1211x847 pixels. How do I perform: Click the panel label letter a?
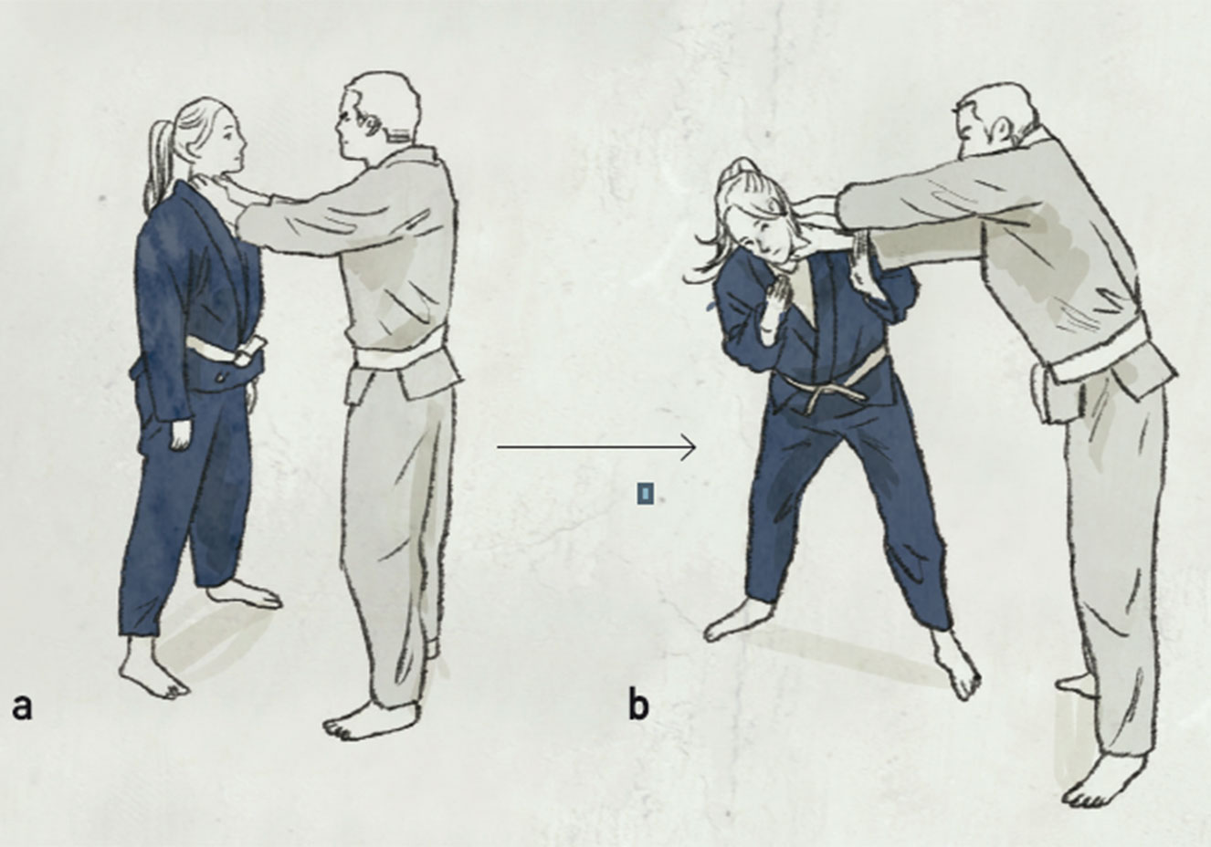click(x=22, y=707)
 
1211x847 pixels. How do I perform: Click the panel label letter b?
click(x=638, y=705)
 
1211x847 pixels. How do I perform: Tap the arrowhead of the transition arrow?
click(x=690, y=447)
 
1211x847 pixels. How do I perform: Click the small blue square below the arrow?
click(x=645, y=494)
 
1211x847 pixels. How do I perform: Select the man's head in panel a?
click(x=377, y=117)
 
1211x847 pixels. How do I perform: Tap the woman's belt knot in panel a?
click(x=246, y=351)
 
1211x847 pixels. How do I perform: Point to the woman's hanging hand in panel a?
click(x=181, y=434)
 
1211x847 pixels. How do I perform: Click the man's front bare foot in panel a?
click(x=370, y=720)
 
